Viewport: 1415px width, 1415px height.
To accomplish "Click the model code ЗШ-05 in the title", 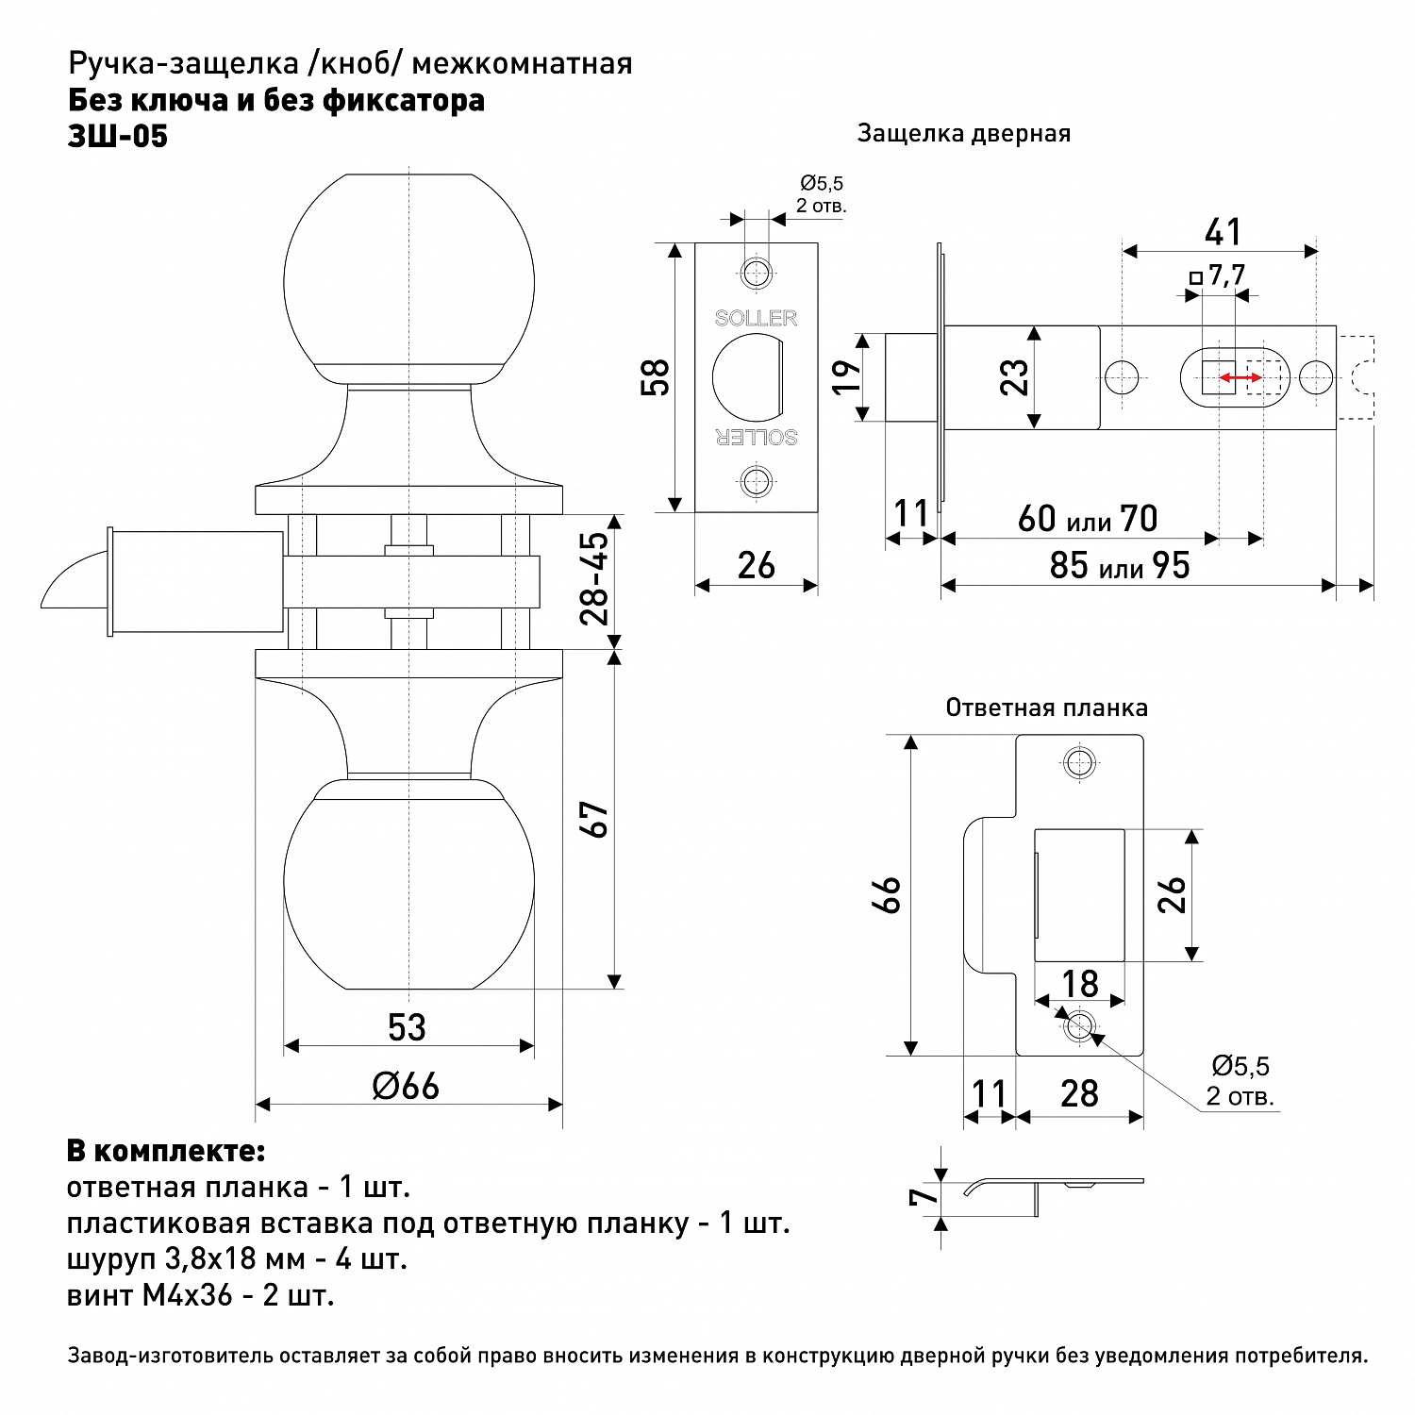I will (x=118, y=137).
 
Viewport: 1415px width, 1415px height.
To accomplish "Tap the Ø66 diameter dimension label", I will (x=407, y=1086).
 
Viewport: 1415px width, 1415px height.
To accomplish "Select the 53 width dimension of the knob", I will (x=407, y=1027).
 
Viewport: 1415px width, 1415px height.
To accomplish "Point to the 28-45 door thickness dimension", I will (x=595, y=578).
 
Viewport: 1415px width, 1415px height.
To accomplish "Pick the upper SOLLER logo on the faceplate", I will (x=756, y=318).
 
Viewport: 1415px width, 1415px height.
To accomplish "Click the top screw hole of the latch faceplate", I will (x=756, y=274).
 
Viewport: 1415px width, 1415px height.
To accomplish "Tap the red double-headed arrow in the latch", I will (x=1240, y=378).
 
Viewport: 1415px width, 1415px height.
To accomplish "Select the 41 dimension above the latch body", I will (x=1223, y=232).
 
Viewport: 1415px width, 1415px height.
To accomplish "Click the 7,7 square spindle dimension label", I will (x=1226, y=275).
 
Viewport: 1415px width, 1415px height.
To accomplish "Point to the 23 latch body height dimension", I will (x=1015, y=377).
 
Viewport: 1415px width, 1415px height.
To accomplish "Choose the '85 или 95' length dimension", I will (x=1120, y=566).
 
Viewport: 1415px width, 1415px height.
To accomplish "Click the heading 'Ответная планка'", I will (x=1046, y=707).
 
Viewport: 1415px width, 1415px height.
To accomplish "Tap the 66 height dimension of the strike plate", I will (x=889, y=894).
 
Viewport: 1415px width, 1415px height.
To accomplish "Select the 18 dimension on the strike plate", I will (x=1080, y=984).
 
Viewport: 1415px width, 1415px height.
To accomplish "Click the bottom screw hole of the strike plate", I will (x=1079, y=1025).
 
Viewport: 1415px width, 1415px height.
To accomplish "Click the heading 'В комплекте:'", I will (x=166, y=1151).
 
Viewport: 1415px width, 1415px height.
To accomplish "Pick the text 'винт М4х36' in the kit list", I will (x=150, y=1295).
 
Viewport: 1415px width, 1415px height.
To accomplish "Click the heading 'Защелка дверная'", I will (x=963, y=134).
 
